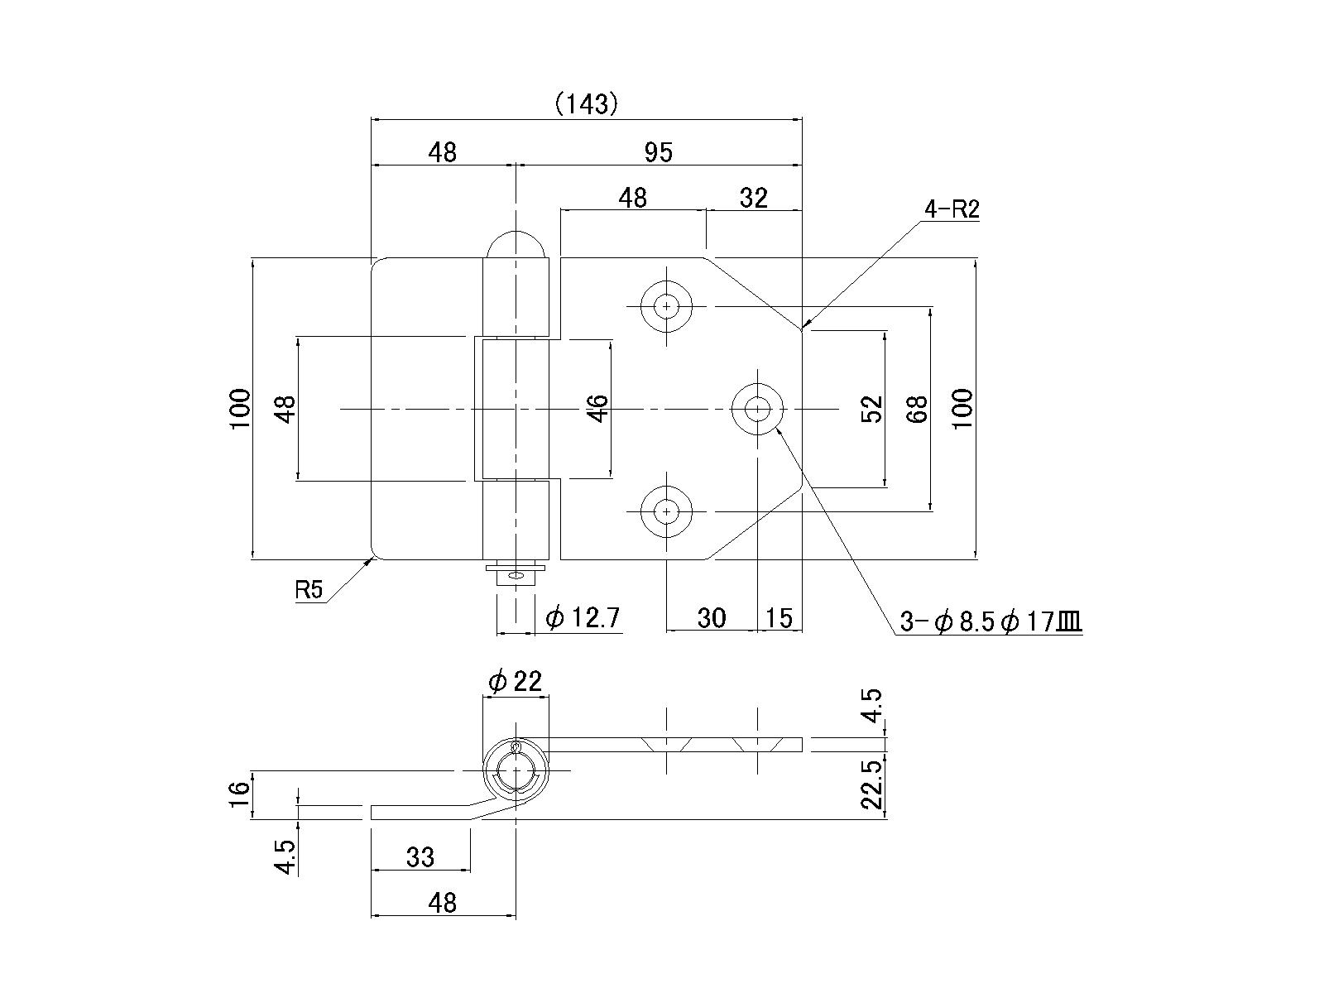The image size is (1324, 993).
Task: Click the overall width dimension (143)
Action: click(x=587, y=103)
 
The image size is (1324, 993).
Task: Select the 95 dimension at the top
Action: click(x=659, y=152)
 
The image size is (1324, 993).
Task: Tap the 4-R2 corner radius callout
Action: click(x=952, y=209)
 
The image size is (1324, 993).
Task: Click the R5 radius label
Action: click(x=308, y=590)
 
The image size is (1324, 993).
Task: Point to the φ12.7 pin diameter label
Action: click(x=583, y=617)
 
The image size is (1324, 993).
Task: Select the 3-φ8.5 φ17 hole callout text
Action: click(x=991, y=622)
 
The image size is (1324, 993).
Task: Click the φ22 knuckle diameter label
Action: click(x=515, y=681)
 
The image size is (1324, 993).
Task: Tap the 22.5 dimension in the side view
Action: click(x=872, y=785)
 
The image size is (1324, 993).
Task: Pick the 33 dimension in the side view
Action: click(x=420, y=856)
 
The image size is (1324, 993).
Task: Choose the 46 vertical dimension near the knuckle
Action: click(x=597, y=408)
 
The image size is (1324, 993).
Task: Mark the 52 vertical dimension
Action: click(x=872, y=409)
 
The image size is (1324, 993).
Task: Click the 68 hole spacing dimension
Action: click(x=918, y=409)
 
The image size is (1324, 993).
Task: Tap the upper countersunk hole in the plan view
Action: click(x=666, y=306)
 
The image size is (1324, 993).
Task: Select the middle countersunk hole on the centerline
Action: click(x=756, y=408)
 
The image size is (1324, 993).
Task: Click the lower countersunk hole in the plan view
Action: click(x=666, y=511)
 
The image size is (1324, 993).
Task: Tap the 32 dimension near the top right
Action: click(x=753, y=198)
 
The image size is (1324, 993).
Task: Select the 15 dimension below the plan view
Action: click(x=780, y=617)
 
